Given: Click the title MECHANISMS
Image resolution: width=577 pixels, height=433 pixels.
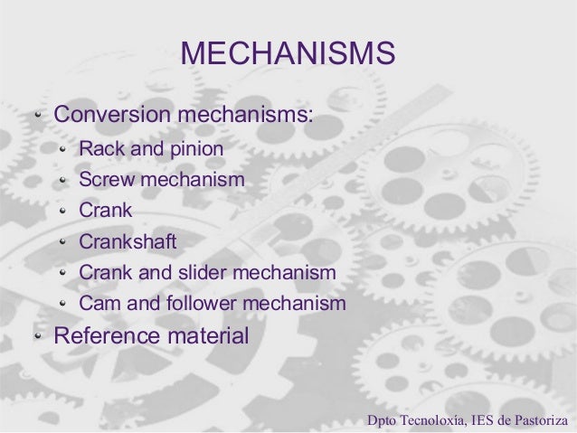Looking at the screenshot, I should coord(288,53).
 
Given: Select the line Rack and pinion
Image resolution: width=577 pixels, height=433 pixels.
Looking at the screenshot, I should coord(151,147).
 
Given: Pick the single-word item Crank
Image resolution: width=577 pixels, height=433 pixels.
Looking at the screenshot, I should coord(106,211).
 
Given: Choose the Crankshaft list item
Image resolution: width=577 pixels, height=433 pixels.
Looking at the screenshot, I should coord(128,242).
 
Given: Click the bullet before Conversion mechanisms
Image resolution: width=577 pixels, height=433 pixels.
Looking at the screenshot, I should coord(38,117).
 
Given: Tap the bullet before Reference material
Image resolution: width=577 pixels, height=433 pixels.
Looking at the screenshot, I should coord(38,337).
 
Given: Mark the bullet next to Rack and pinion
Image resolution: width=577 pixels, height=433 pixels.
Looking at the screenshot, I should coord(62,148).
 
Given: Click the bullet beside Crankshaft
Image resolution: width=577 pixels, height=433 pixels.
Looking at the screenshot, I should coord(62,243).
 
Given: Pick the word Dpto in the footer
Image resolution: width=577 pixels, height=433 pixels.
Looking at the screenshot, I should coord(381,420).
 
